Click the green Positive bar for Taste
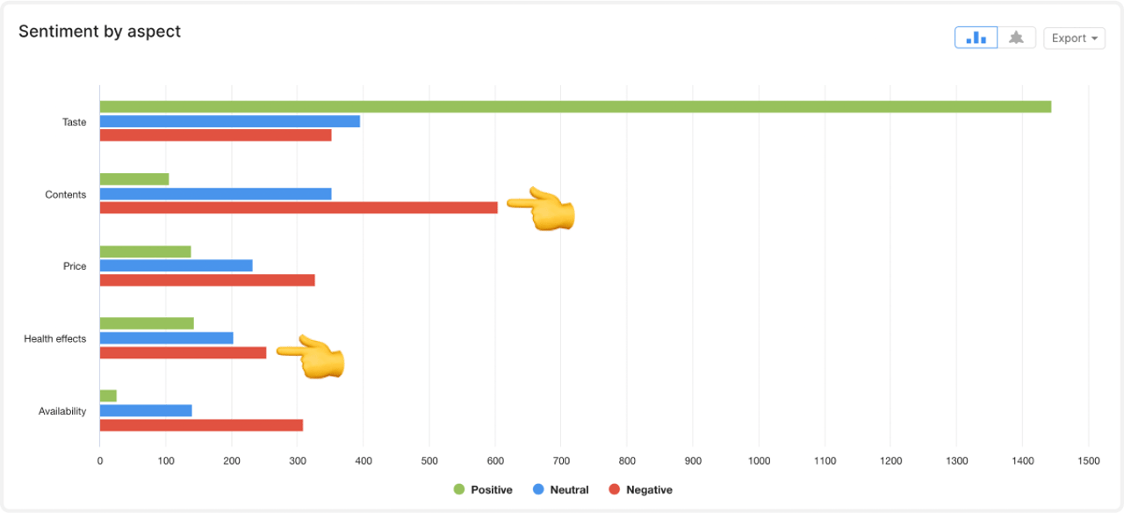click(x=575, y=107)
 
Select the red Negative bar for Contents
click(x=299, y=208)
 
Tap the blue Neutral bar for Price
click(x=176, y=265)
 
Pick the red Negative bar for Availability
click(x=201, y=425)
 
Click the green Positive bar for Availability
click(x=108, y=396)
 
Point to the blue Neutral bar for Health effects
click(x=166, y=338)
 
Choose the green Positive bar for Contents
click(x=133, y=179)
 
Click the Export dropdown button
click(x=1074, y=38)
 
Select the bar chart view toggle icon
click(x=976, y=38)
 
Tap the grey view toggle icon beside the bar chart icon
click(x=1017, y=38)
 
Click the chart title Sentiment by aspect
click(x=99, y=32)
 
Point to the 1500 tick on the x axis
click(x=1088, y=460)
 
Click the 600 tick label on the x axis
click(x=495, y=460)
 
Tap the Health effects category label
click(x=55, y=339)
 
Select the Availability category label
click(x=62, y=411)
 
